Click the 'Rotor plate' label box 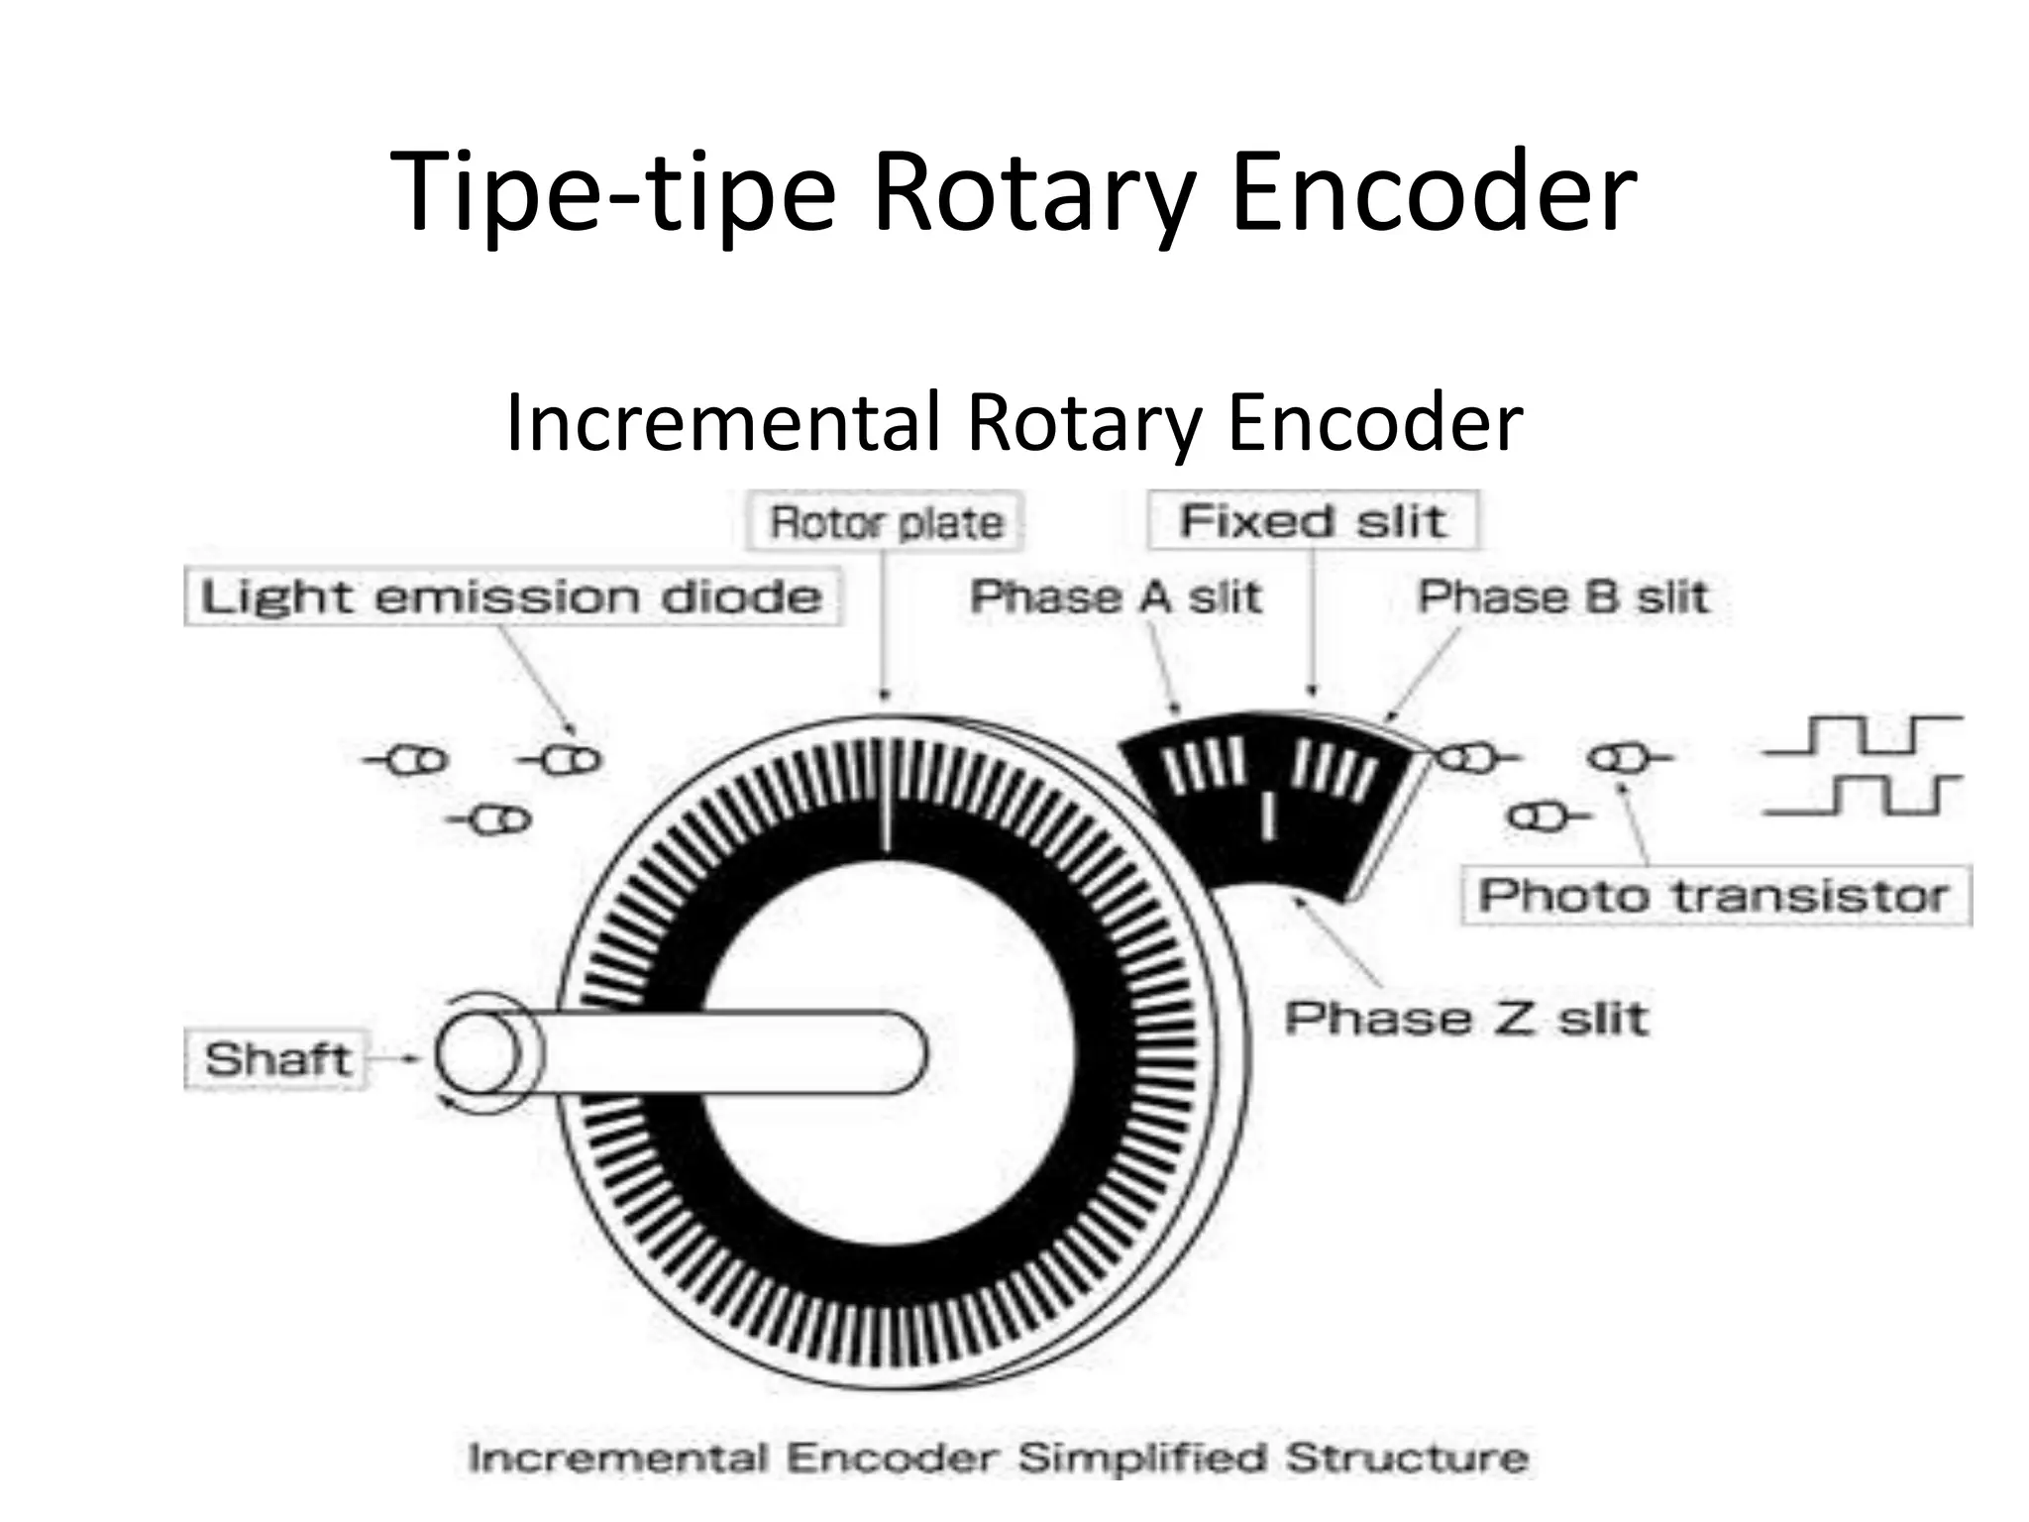point(885,522)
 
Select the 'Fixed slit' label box point(1313,520)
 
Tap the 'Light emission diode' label point(512,597)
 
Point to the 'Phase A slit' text point(1116,597)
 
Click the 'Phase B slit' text point(1563,597)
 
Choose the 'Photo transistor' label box point(1715,896)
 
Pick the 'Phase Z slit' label point(1466,1018)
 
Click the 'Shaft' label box point(276,1059)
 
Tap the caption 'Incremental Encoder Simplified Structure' point(998,1458)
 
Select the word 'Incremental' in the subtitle point(722,422)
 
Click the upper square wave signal point(1862,734)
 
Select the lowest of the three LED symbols point(490,820)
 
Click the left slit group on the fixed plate point(1202,765)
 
